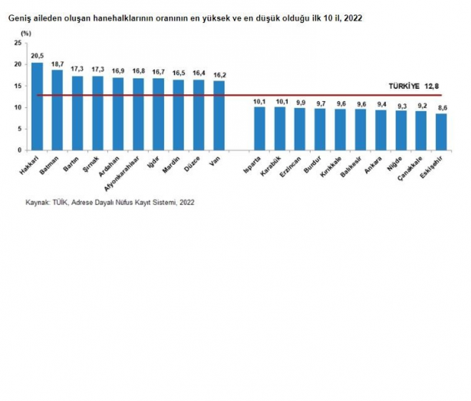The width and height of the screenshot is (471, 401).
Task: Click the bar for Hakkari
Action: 37,107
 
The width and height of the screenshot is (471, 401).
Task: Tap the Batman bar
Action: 58,111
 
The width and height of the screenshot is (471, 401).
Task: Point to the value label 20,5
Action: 37,56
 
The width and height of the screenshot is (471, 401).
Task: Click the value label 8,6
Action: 441,108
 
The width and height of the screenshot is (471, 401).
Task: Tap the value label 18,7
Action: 58,64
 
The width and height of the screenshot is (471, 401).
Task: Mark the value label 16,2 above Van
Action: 219,74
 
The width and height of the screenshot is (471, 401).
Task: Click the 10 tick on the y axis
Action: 18,108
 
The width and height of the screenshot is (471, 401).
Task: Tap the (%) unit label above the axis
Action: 26,34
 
